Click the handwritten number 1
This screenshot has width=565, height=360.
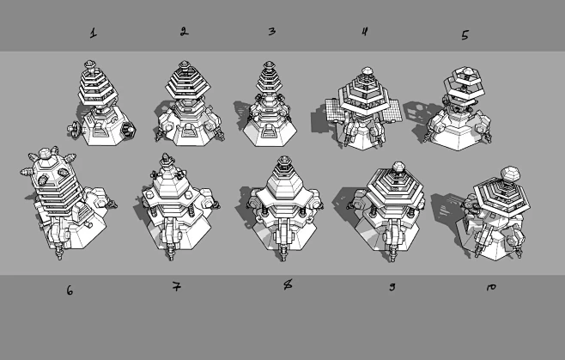pos(93,34)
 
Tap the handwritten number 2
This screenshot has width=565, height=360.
pos(184,32)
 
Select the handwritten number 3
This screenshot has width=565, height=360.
pos(271,32)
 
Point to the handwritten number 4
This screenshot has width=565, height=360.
pos(364,32)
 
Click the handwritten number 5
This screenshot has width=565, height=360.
pos(465,35)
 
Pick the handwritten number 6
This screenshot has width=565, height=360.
pos(70,290)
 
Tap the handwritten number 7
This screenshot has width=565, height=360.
pos(175,286)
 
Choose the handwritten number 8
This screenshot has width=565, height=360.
pos(288,284)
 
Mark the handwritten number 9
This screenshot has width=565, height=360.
pos(392,286)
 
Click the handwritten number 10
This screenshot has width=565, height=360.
pos(490,287)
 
